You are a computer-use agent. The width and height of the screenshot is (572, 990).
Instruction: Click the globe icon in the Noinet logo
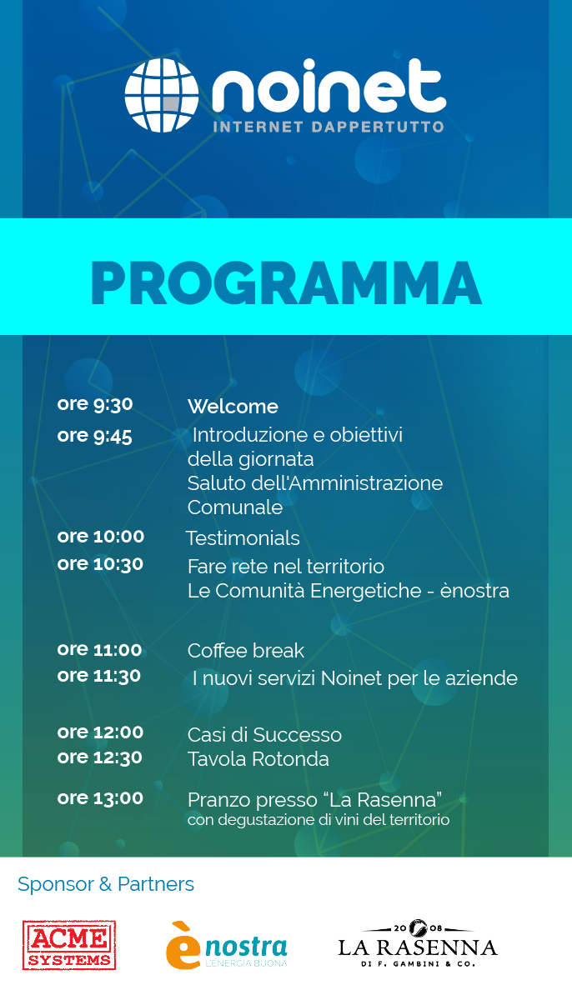pyautogui.click(x=162, y=95)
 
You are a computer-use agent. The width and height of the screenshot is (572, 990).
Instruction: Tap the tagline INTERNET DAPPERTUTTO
pyautogui.click(x=329, y=127)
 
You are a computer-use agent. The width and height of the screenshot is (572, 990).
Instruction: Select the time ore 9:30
pyautogui.click(x=95, y=404)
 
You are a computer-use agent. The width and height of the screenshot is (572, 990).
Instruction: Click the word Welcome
pyautogui.click(x=233, y=407)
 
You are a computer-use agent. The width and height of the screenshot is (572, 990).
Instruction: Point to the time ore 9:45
pyautogui.click(x=95, y=436)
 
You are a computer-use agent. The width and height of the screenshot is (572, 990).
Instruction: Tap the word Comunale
pyautogui.click(x=234, y=507)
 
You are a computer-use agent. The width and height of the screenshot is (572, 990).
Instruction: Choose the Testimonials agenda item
pyautogui.click(x=243, y=538)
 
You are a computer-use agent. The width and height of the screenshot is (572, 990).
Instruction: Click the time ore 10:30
pyautogui.click(x=101, y=564)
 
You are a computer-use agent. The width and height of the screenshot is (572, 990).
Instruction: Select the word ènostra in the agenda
pyautogui.click(x=474, y=590)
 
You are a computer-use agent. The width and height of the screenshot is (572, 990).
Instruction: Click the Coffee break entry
pyautogui.click(x=246, y=650)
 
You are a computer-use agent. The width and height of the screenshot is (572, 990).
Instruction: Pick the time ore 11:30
pyautogui.click(x=99, y=676)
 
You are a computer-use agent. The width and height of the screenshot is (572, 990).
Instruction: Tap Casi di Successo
pyautogui.click(x=264, y=735)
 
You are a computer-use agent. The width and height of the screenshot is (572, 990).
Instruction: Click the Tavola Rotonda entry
pyautogui.click(x=258, y=759)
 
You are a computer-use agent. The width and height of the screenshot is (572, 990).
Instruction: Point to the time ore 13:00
pyautogui.click(x=101, y=798)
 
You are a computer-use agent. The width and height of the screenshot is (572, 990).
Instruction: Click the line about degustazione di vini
pyautogui.click(x=319, y=820)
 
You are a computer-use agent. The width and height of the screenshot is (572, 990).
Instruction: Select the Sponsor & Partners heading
pyautogui.click(x=106, y=884)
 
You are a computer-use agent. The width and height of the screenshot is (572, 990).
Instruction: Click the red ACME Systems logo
pyautogui.click(x=69, y=945)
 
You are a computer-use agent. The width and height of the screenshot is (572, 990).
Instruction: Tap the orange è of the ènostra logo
pyautogui.click(x=183, y=946)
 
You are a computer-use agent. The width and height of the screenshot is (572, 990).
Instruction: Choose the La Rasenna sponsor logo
pyautogui.click(x=417, y=944)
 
